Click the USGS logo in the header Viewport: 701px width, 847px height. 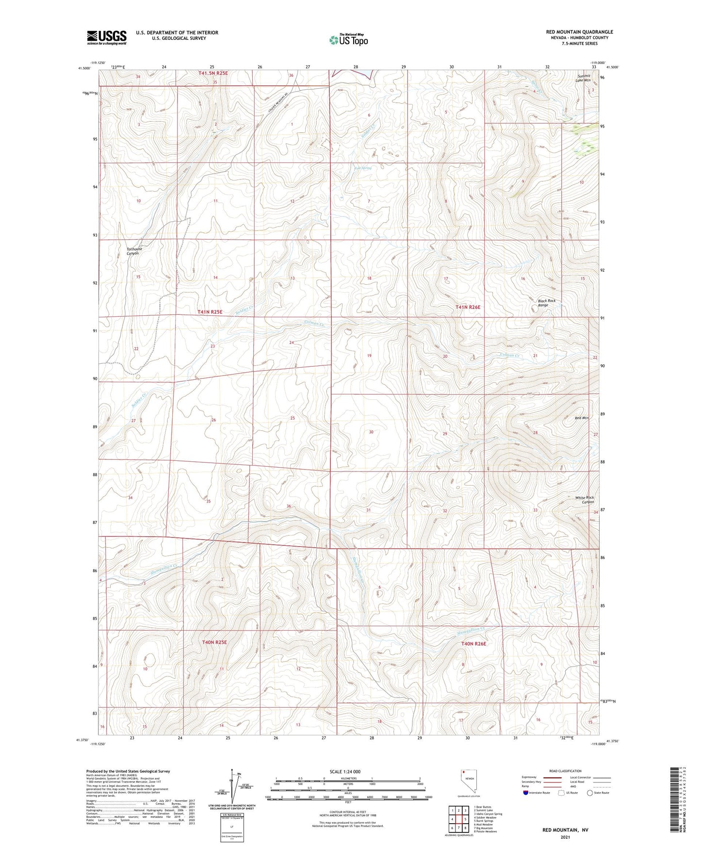point(106,37)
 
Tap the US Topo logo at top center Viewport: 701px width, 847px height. point(348,40)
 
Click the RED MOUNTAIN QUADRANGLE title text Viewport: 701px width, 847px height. point(579,32)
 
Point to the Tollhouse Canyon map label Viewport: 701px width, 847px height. point(129,251)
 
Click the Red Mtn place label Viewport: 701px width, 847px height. point(581,418)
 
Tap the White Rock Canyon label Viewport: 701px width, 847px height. point(584,500)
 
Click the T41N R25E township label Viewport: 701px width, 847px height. point(210,312)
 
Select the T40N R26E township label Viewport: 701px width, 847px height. point(473,643)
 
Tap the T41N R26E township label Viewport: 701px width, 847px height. point(468,307)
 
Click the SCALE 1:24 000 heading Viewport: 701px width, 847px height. point(344,771)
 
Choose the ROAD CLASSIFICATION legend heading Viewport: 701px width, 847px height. point(565,771)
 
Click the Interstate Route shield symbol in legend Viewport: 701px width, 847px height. point(525,793)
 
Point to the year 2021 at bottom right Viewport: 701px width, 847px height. point(565,837)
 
